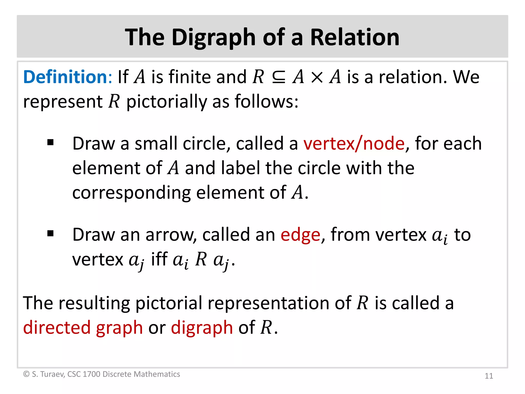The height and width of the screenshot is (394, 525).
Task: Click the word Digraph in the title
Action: [x=214, y=38]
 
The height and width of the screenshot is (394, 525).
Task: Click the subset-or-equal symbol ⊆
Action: [x=278, y=77]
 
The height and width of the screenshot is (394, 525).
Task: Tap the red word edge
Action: [x=300, y=235]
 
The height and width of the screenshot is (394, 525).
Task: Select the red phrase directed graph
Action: [x=83, y=328]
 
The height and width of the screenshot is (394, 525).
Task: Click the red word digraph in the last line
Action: [x=202, y=328]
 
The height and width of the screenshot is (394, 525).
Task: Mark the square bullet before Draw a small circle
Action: [x=51, y=142]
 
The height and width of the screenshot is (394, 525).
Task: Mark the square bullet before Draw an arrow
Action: [x=51, y=233]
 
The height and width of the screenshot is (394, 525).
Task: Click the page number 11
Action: [x=489, y=376]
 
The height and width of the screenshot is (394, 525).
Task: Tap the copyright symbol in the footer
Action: [x=26, y=374]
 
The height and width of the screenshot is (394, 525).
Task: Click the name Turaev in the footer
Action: [x=52, y=374]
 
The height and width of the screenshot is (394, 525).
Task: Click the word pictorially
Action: [x=167, y=102]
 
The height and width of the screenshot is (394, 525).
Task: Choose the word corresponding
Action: [x=132, y=193]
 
